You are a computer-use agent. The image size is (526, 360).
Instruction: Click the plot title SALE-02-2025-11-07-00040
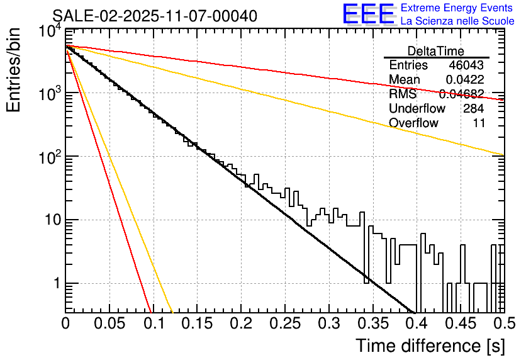point(154,16)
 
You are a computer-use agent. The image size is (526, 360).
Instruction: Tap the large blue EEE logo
point(368,14)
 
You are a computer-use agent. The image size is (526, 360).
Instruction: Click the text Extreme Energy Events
point(457,8)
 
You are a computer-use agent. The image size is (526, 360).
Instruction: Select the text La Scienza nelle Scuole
point(457,21)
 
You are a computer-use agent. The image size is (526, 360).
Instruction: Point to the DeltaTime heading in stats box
point(436,51)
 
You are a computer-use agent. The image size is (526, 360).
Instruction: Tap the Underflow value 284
point(473,108)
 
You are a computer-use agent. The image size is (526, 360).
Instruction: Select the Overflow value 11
point(479,123)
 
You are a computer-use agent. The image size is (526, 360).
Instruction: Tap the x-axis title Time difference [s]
point(428,346)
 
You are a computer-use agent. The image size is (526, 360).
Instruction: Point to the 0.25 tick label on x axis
point(284,323)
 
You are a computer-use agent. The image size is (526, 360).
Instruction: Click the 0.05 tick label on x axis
point(109,323)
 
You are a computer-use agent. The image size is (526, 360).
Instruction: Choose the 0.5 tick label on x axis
point(502,323)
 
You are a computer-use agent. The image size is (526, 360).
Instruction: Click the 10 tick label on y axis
point(51,220)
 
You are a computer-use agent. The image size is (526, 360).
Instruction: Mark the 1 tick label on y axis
point(55,284)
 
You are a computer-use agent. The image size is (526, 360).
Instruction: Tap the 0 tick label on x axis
point(66,323)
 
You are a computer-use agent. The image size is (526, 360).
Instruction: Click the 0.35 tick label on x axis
point(371,323)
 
